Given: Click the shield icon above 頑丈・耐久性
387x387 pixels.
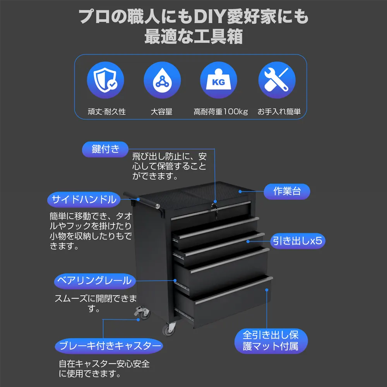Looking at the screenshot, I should [x=106, y=80].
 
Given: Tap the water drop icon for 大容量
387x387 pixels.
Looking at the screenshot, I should [x=162, y=80].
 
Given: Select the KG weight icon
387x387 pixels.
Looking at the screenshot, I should [x=219, y=80].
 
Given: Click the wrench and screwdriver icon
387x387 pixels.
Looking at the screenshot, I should [x=277, y=80].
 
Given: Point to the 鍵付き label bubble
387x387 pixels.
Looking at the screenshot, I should [x=105, y=149].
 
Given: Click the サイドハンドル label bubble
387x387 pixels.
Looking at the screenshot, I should [x=84, y=200].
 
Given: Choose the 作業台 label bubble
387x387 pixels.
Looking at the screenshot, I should [x=287, y=191].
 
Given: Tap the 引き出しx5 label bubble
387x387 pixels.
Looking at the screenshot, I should [x=297, y=241].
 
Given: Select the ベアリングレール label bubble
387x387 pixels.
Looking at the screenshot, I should [x=94, y=281].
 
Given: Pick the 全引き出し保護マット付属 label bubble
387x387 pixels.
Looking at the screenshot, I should [x=271, y=341].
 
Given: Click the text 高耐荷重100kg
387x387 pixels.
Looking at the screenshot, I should [x=221, y=112].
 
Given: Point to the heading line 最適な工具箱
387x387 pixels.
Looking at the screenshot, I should [x=193, y=37].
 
